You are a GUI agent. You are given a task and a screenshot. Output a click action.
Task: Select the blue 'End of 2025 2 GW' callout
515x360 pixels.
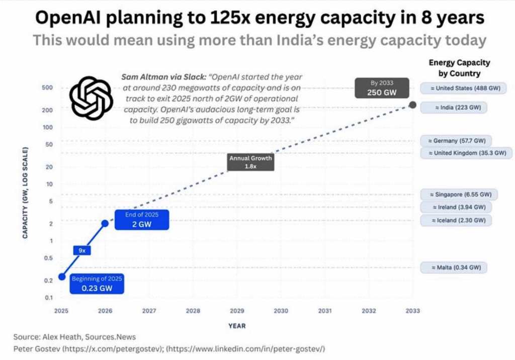141,219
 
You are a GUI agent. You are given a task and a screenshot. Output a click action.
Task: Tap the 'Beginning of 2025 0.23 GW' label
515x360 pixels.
97,284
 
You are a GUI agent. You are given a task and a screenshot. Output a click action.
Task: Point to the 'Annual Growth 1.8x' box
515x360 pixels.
250,162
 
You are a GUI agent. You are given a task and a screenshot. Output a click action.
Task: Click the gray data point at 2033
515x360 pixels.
412,105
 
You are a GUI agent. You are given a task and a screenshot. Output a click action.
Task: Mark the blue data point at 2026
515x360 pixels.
105,223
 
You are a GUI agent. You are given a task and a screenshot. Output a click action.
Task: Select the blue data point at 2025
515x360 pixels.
61,277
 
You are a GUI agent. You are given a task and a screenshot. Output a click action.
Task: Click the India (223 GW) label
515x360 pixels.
455,107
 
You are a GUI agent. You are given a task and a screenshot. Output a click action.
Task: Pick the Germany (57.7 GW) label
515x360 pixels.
456,141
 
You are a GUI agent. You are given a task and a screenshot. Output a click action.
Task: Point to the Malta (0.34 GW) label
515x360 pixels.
454,267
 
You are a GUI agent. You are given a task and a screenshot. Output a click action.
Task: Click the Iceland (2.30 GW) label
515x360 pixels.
456,220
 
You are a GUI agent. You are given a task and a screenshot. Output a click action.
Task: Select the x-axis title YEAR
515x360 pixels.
237,326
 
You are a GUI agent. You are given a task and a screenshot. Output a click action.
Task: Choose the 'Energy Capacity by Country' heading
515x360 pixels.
459,68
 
